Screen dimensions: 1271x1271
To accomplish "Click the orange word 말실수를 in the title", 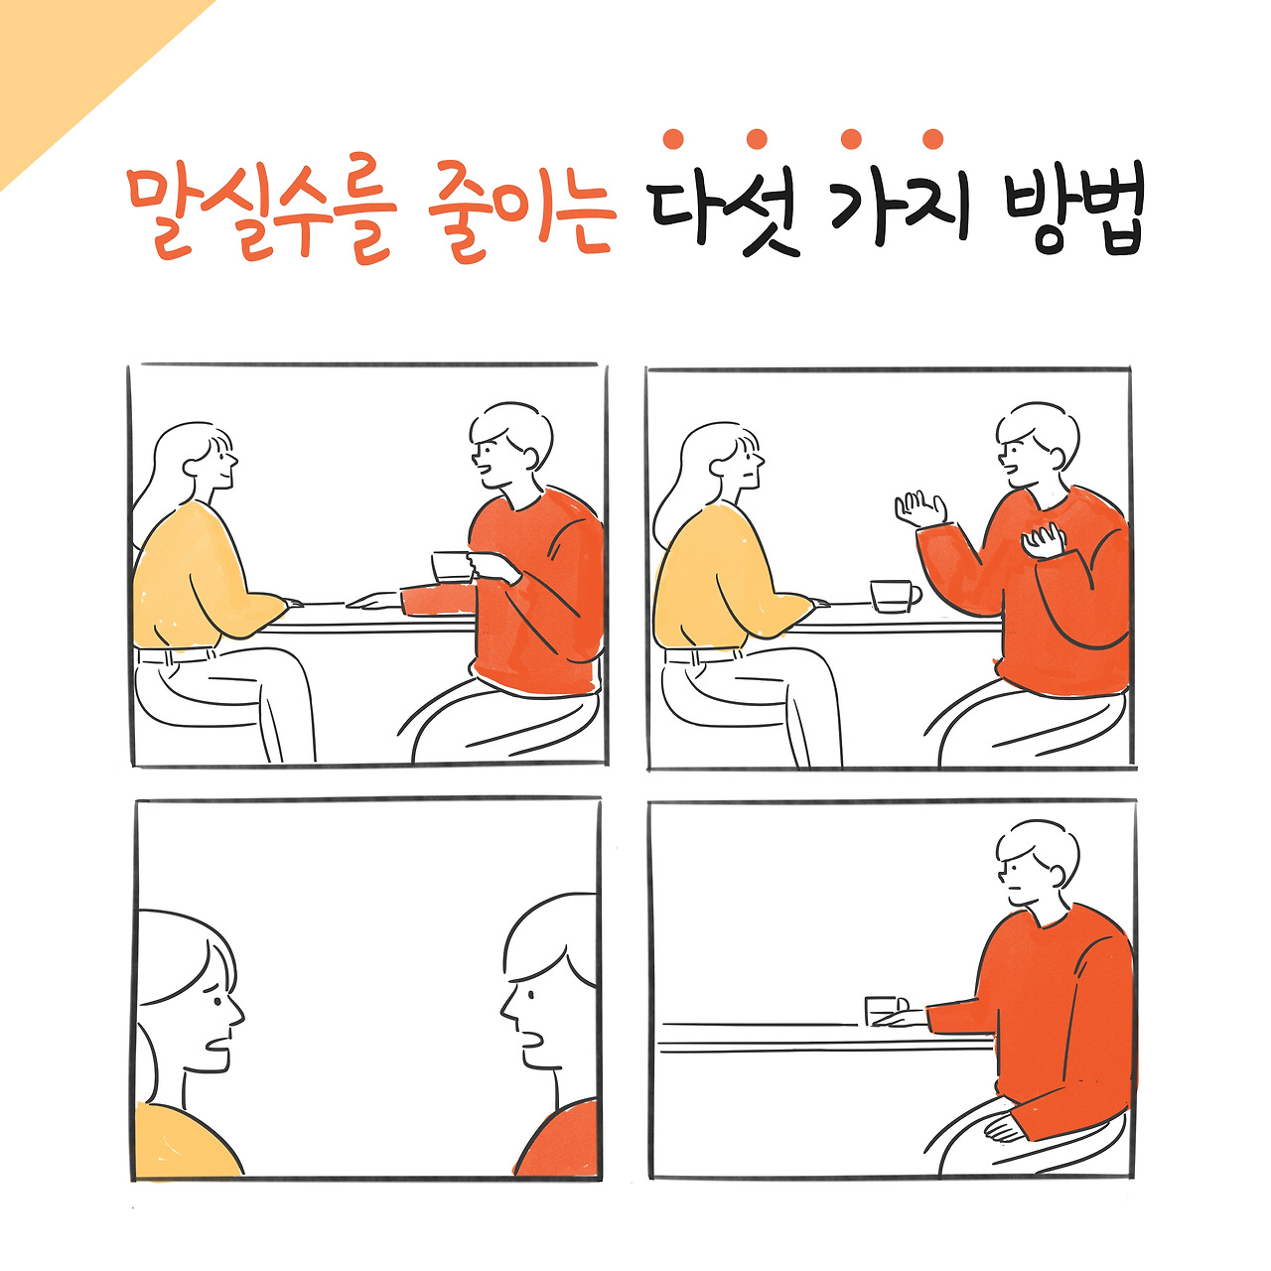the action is (262, 210).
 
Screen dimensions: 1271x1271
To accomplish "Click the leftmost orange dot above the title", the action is (673, 139).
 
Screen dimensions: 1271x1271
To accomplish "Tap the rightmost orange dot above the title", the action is (932, 139).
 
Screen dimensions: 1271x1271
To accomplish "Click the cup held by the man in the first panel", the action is (451, 567).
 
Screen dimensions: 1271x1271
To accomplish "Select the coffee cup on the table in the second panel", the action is (895, 596).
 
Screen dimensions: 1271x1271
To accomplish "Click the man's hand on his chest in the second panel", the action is (1043, 540).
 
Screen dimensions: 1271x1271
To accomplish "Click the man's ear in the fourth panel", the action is (1057, 875).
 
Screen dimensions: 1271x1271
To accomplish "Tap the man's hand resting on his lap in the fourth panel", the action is (1004, 1132).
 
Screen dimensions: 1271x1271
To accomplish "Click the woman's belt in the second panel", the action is (702, 655).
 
